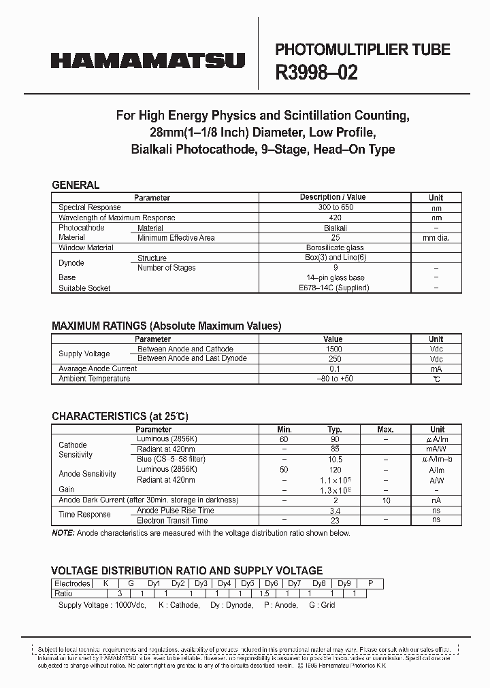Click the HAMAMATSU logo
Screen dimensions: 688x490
point(147,61)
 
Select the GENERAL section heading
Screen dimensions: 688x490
point(76,185)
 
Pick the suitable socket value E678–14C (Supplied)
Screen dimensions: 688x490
point(334,288)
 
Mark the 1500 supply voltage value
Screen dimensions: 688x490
point(333,349)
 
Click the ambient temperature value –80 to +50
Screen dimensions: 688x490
point(333,379)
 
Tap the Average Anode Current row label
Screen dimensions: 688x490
point(97,368)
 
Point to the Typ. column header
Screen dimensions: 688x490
point(333,430)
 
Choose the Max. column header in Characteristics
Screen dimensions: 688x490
point(386,430)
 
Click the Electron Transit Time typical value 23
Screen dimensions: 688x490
point(334,520)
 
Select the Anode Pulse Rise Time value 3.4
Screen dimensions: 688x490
point(334,510)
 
